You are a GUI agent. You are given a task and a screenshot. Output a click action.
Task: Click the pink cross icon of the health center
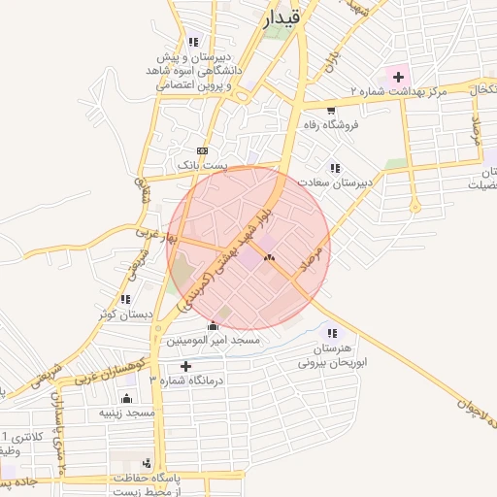pos(398,75)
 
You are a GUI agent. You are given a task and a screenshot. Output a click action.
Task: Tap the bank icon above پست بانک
pos(202,151)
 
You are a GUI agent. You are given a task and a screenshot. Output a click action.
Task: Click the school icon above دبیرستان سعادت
pos(336,168)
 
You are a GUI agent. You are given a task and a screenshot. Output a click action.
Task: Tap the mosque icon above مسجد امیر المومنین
pos(213,325)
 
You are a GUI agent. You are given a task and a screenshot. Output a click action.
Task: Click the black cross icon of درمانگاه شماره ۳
pos(186,366)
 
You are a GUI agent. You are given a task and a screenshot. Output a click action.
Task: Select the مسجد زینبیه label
pos(126,413)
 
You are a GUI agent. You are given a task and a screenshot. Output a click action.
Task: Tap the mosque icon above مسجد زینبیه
pos(126,398)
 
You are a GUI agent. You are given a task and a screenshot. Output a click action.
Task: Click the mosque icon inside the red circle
pos(269,258)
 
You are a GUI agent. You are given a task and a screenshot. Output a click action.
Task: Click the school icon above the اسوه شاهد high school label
pos(193,42)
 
